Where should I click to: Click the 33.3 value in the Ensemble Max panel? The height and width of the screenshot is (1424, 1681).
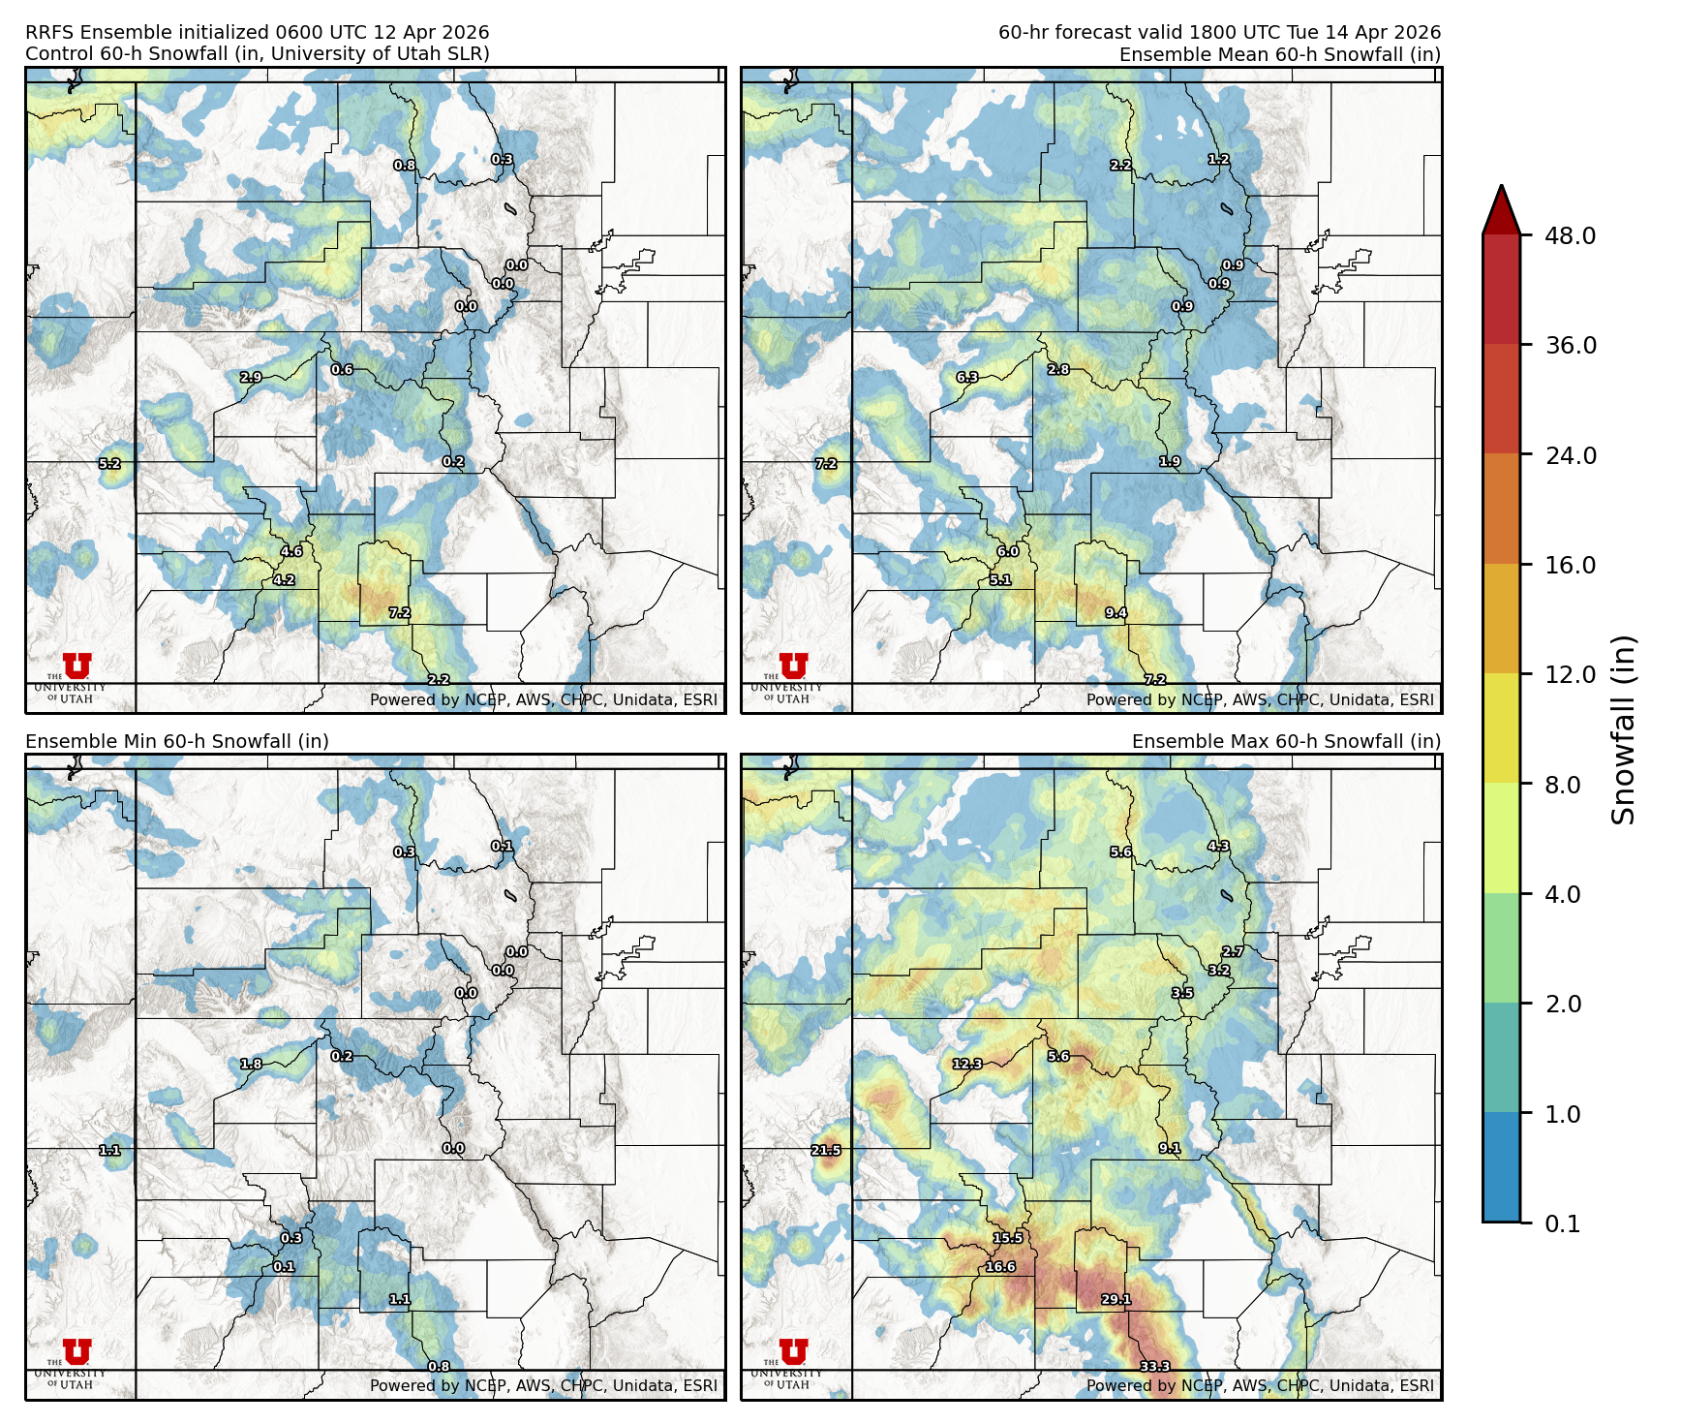click(x=1154, y=1366)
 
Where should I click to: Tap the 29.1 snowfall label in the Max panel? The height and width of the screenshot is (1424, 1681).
click(x=1116, y=1299)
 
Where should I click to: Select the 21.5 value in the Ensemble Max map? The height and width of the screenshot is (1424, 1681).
click(x=825, y=1150)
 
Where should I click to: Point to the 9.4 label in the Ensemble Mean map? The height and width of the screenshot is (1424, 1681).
click(x=1116, y=612)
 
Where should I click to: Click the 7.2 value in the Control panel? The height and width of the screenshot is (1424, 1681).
click(x=400, y=612)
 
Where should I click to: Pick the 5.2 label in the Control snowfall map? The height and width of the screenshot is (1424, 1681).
click(x=109, y=464)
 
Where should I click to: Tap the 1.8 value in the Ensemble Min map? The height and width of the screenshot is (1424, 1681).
click(x=251, y=1064)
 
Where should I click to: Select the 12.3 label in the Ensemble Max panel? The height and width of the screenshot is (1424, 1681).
click(x=966, y=1064)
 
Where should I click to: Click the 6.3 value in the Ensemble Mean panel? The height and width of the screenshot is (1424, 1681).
click(x=966, y=377)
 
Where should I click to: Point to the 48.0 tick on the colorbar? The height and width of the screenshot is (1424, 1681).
click(x=1570, y=235)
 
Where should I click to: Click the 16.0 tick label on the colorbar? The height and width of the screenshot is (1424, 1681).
click(x=1570, y=565)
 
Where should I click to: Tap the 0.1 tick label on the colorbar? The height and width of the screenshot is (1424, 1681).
click(x=1562, y=1223)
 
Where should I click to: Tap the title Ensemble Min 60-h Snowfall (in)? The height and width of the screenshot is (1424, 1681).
click(x=177, y=741)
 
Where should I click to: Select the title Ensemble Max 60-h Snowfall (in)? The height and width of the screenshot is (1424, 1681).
click(x=1286, y=741)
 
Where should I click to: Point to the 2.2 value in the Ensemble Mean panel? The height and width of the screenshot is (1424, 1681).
click(x=1120, y=165)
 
